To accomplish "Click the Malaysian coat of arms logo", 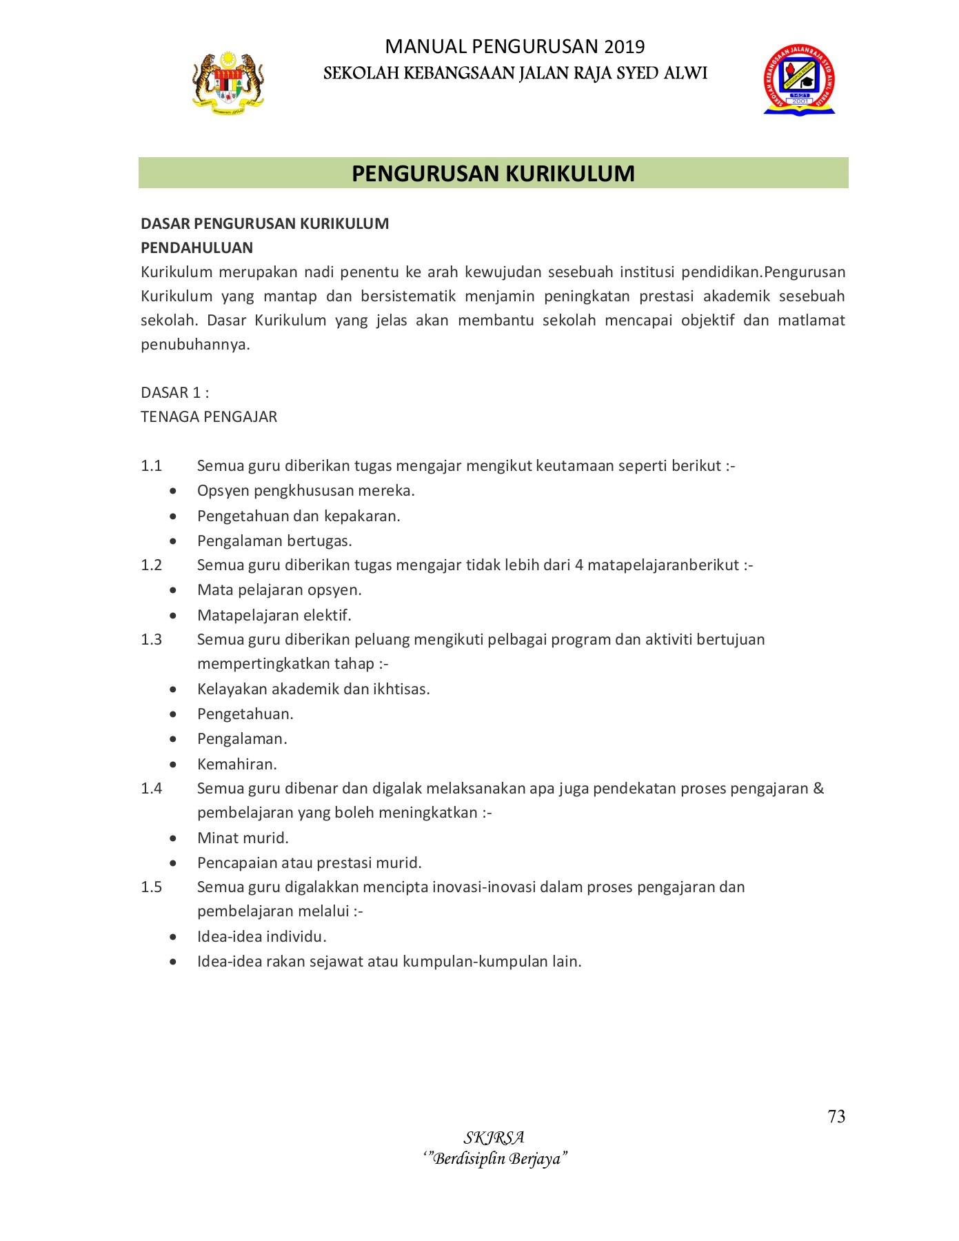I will (x=228, y=81).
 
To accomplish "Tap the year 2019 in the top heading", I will (x=624, y=47).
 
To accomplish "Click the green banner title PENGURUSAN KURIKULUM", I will (x=493, y=173).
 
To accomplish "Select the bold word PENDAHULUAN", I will (x=196, y=248).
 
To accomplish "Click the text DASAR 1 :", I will (x=174, y=392).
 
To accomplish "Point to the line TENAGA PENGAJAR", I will (x=209, y=416).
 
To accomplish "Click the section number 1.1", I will (x=151, y=465).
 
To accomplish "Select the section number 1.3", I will (x=151, y=639).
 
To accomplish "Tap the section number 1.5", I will (x=151, y=887).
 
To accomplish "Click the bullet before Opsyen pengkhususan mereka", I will (x=173, y=491).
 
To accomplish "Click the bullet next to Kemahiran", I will (x=173, y=764).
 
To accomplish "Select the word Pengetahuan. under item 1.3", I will (x=245, y=714).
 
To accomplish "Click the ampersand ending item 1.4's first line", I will (x=818, y=788).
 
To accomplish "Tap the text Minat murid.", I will (x=243, y=838).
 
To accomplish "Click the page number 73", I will (x=836, y=1116).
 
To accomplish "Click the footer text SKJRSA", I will (x=494, y=1138).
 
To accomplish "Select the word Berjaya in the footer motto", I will (x=538, y=1158).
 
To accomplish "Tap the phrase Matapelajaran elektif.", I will (x=274, y=614).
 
